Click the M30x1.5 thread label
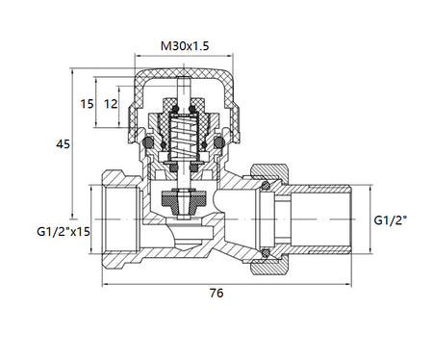185,46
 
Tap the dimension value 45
63,144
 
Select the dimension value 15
87,104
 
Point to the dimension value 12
111,104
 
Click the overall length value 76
216,293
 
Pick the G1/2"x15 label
64,231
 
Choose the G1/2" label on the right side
391,220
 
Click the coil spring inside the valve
182,138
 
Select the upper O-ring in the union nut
266,186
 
